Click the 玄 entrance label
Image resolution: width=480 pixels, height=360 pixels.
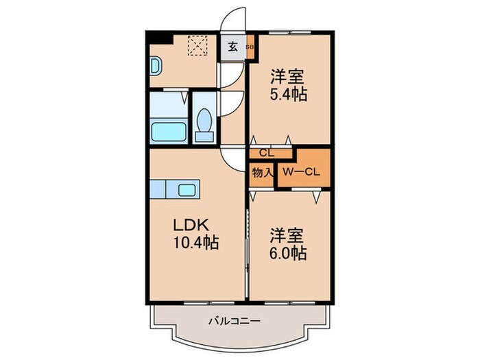coord(232,47)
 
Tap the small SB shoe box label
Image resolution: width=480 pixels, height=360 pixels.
coord(249,47)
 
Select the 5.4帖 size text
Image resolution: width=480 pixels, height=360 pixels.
coord(287,95)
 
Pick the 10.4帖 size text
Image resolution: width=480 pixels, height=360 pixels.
coord(195,243)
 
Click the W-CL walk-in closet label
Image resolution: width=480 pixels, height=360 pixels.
coord(302,171)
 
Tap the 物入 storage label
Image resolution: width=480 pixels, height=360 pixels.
coord(261,172)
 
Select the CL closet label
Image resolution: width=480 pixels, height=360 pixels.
coord(263,154)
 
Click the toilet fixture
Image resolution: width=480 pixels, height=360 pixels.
coord(204,125)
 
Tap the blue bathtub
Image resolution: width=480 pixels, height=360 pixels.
coord(167,130)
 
